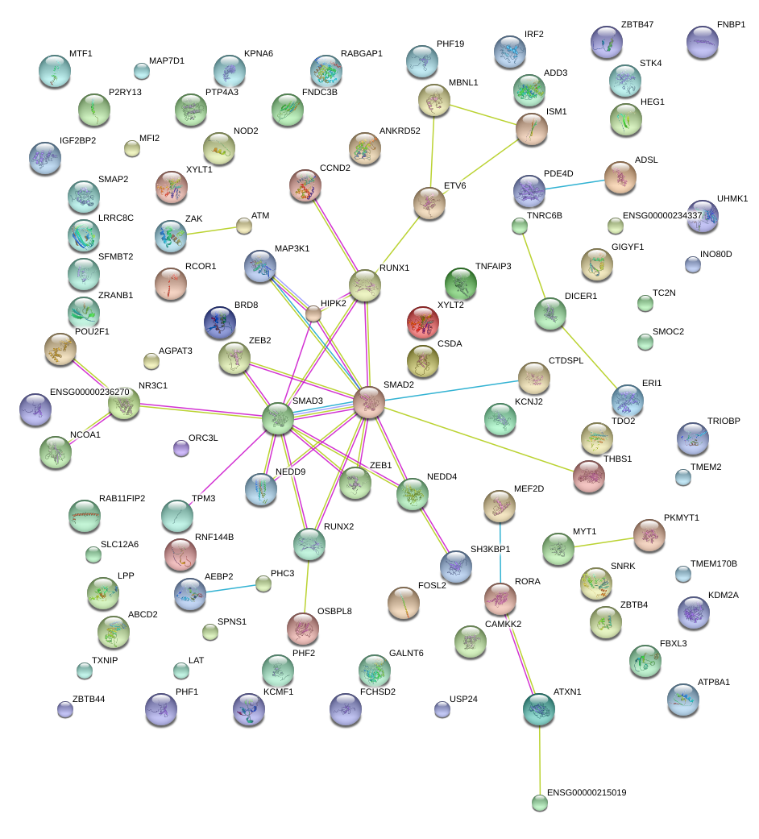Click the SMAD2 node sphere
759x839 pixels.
368,402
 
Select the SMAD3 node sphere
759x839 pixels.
277,417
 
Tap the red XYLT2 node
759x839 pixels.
424,322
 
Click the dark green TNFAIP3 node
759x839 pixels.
460,284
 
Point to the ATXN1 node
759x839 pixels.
538,708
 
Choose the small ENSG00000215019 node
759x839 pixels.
539,802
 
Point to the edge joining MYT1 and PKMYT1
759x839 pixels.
603,541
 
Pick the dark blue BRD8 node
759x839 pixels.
219,322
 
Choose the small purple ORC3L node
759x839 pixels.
181,448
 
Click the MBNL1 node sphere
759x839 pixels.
434,100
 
